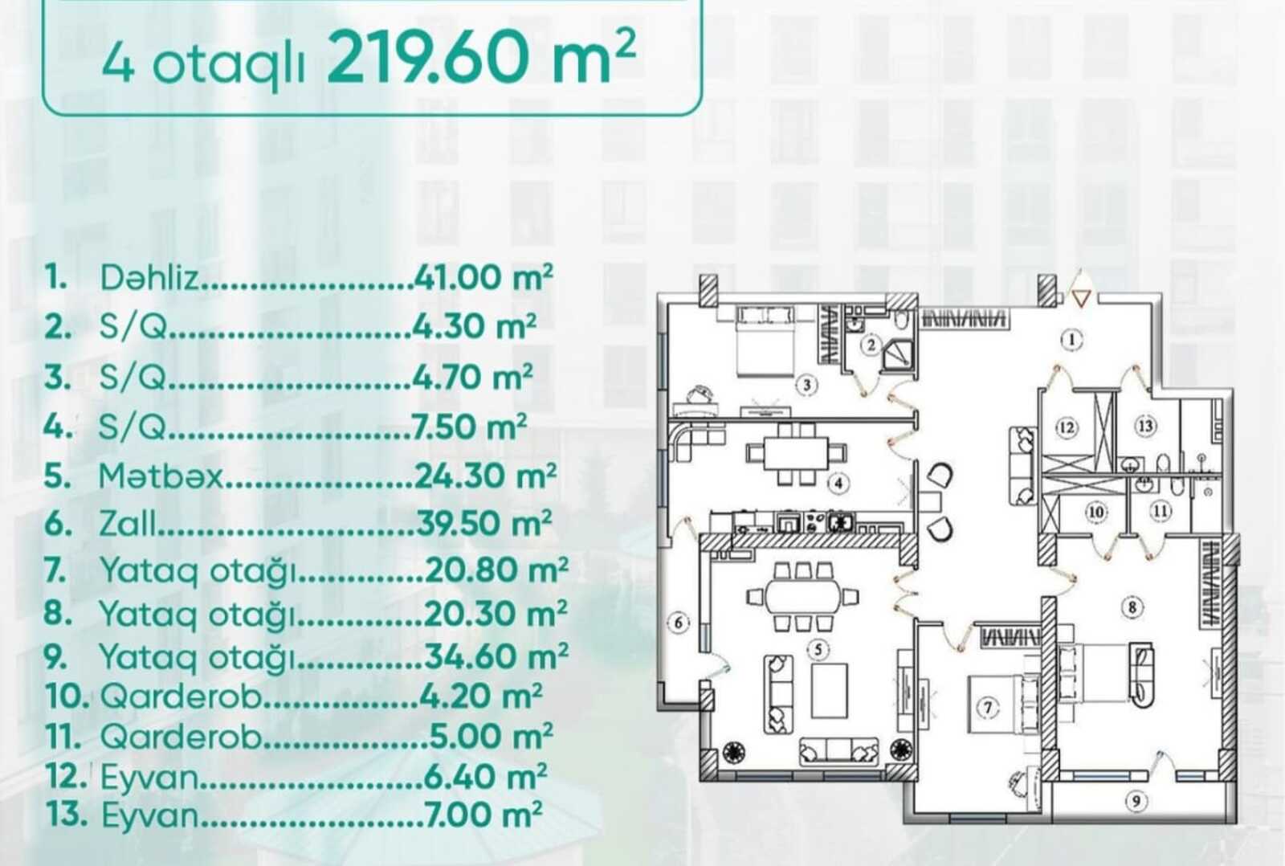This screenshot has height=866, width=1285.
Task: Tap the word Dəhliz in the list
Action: point(149,278)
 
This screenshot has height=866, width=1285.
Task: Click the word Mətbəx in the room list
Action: point(160,476)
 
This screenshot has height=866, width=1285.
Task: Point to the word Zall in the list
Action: point(127,524)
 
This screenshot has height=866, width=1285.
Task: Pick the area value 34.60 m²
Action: point(496,656)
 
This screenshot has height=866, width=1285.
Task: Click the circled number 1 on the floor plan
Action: point(1071,340)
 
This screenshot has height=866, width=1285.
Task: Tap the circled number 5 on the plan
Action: point(818,650)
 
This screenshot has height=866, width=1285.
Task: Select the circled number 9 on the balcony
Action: point(1136,801)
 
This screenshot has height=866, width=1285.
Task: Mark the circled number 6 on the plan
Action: point(679,623)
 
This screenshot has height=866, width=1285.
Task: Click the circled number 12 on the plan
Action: point(1067,427)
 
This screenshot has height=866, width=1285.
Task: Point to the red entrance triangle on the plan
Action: point(1081,298)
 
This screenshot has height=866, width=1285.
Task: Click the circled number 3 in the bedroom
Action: point(806,385)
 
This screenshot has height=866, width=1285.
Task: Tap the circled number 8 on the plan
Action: point(1132,607)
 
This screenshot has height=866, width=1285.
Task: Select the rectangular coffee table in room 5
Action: point(830,690)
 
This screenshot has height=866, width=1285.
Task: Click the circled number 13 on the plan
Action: point(1145,427)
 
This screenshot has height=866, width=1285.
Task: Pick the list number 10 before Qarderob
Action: point(67,696)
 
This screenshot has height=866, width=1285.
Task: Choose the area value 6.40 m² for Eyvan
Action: point(485,777)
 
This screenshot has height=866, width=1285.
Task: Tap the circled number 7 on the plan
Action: point(988,707)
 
